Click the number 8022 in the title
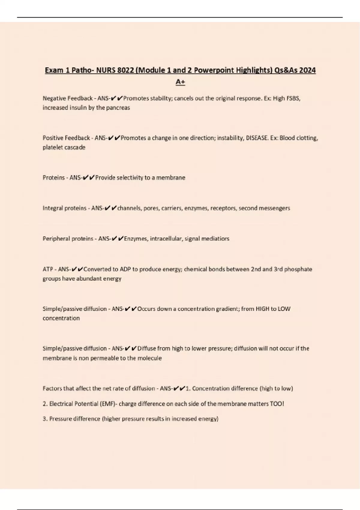coord(126,70)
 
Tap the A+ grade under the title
coord(180,82)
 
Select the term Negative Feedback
coord(67,98)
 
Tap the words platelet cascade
coord(64,147)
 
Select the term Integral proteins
coord(64,208)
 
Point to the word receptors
coord(223,208)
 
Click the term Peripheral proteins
coord(68,239)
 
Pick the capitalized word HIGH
coord(263,309)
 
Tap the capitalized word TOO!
coord(277,404)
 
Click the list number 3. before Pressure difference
coord(45,419)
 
